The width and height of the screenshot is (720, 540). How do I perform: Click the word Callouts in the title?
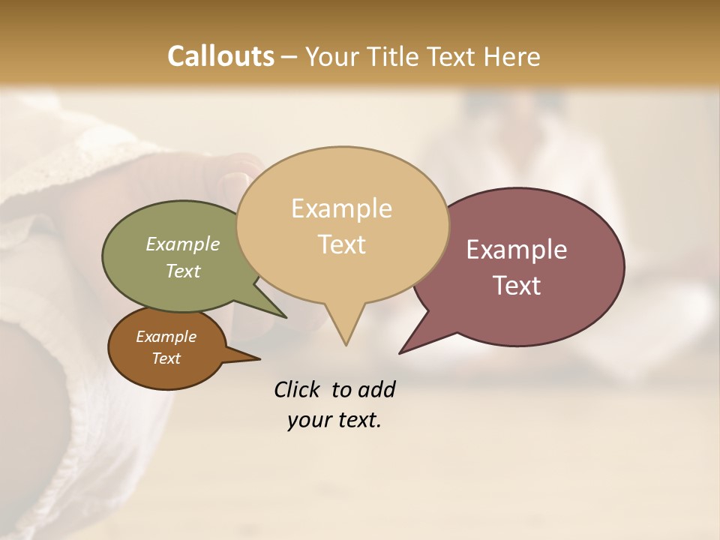pyautogui.click(x=220, y=56)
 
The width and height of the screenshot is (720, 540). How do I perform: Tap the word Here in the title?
pyautogui.click(x=511, y=56)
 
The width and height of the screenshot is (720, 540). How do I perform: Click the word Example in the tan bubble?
pyautogui.click(x=341, y=208)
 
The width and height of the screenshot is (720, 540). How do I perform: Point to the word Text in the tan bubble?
pyautogui.click(x=342, y=244)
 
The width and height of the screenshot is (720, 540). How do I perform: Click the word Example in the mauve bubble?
pyautogui.click(x=517, y=250)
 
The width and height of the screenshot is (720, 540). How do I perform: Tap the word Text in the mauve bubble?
pyautogui.click(x=517, y=286)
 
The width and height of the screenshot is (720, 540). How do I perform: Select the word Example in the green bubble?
pyautogui.click(x=183, y=244)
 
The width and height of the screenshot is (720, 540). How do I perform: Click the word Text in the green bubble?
pyautogui.click(x=183, y=271)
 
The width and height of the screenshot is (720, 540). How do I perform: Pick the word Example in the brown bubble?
pyautogui.click(x=166, y=337)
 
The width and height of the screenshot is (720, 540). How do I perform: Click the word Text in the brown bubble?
pyautogui.click(x=166, y=358)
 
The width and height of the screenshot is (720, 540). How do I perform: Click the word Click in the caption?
pyautogui.click(x=298, y=389)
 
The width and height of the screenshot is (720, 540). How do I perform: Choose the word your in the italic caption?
pyautogui.click(x=306, y=419)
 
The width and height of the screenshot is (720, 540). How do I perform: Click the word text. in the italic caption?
pyautogui.click(x=357, y=419)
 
